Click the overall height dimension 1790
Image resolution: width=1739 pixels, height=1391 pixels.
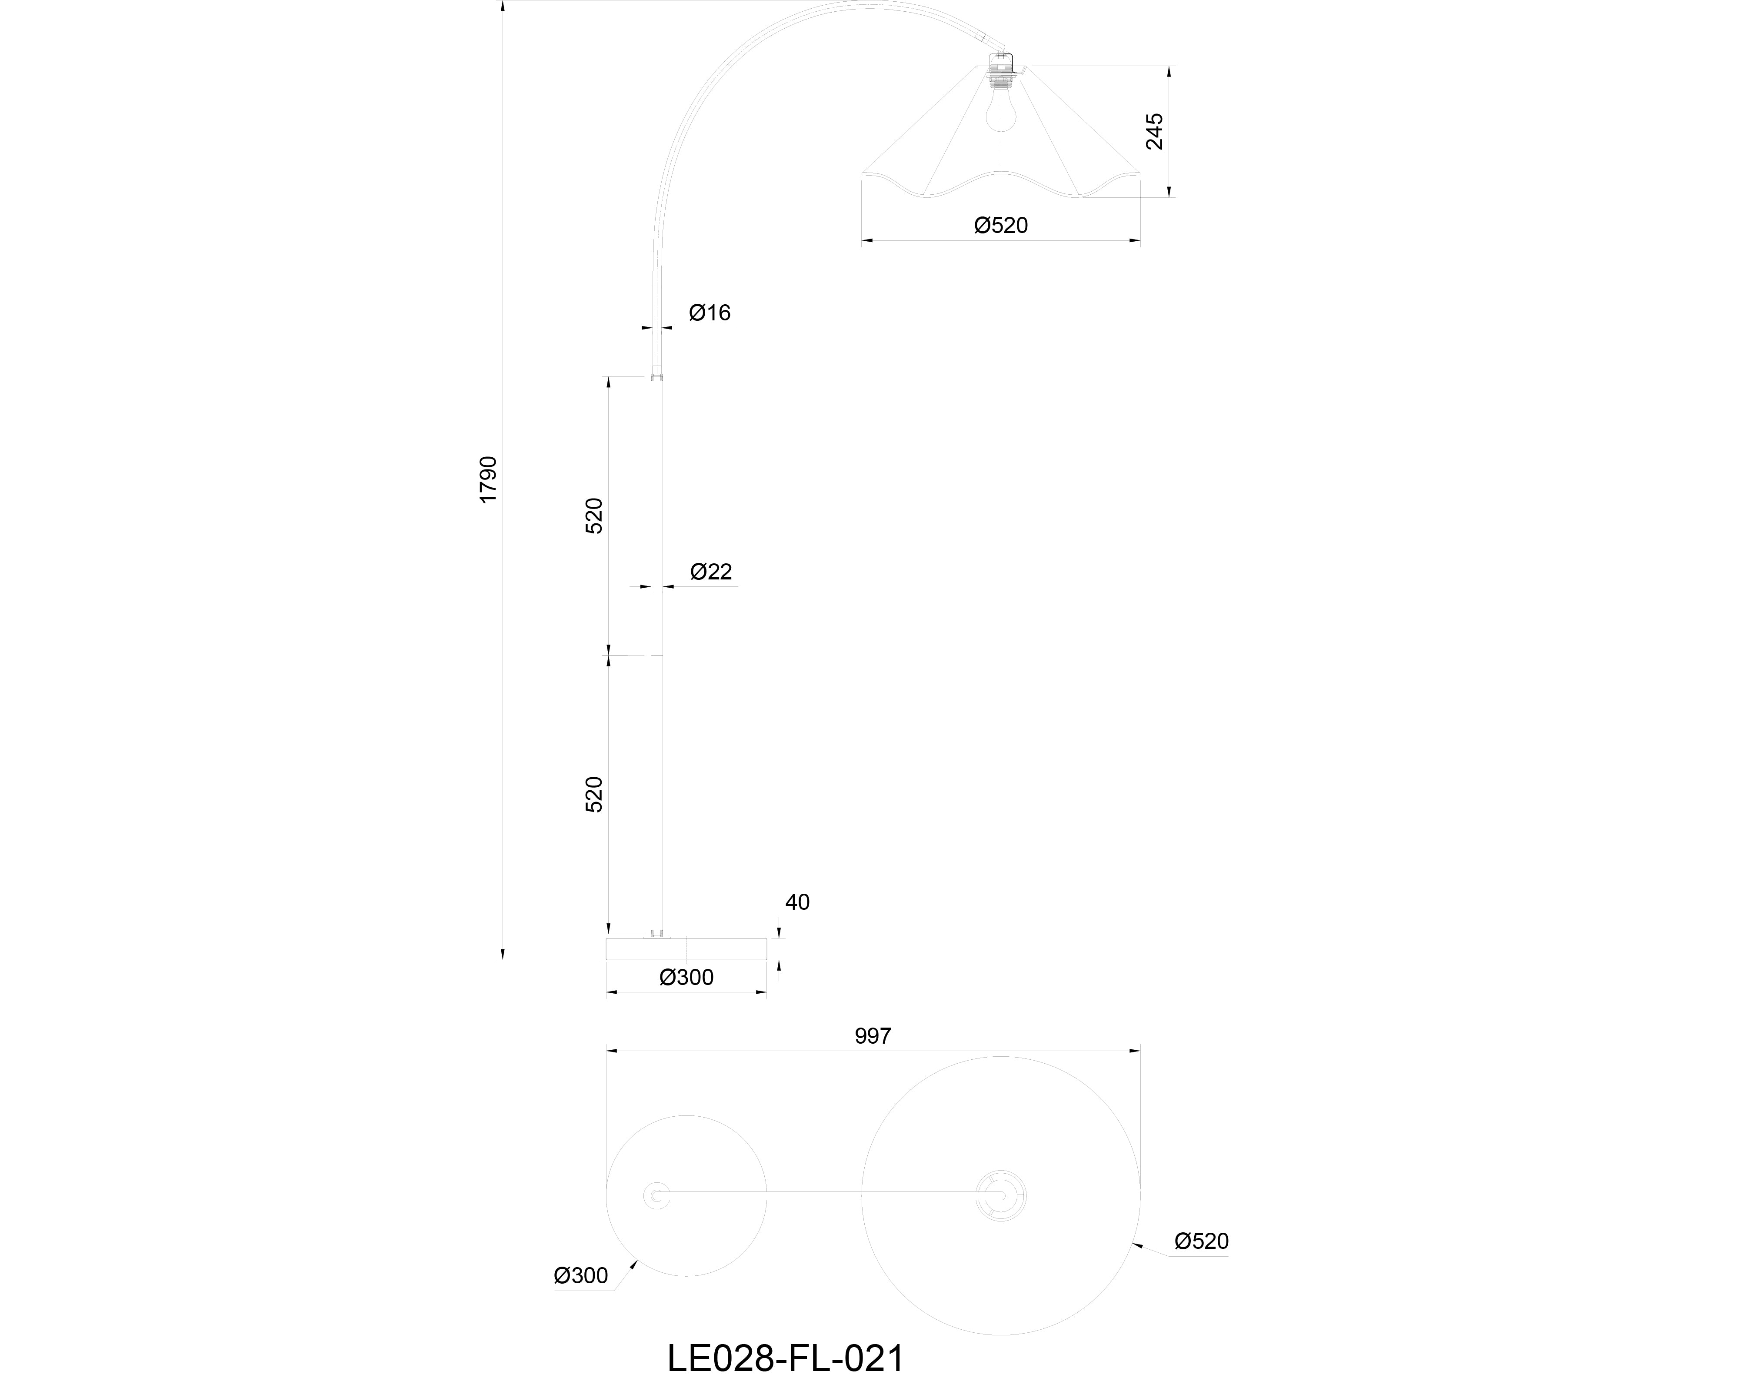pyautogui.click(x=489, y=480)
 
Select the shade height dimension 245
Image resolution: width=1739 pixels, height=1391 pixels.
pyautogui.click(x=1155, y=131)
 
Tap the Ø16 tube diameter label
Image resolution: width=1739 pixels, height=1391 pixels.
pyautogui.click(x=710, y=313)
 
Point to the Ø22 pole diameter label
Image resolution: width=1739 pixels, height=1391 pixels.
pyautogui.click(x=711, y=572)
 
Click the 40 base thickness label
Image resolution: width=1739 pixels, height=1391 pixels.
pyautogui.click(x=797, y=902)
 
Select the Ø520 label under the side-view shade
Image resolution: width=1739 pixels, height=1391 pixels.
pyautogui.click(x=1001, y=226)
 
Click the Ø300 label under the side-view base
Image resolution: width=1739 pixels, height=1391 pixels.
pyautogui.click(x=686, y=977)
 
